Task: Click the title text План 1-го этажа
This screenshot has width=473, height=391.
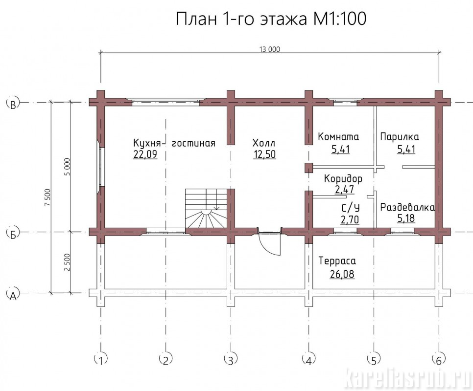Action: click(x=241, y=19)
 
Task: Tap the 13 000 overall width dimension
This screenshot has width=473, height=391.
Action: click(x=269, y=49)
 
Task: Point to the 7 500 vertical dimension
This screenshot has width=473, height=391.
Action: click(x=47, y=197)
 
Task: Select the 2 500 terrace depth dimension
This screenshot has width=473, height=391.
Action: click(x=67, y=262)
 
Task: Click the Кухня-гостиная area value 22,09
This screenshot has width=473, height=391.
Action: click(x=145, y=154)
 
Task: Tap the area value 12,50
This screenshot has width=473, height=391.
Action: click(x=264, y=154)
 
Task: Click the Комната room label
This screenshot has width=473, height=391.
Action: click(x=338, y=137)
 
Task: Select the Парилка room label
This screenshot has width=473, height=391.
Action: click(x=400, y=137)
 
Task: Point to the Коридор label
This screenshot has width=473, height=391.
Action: click(x=343, y=179)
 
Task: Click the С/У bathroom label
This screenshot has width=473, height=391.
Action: click(x=351, y=208)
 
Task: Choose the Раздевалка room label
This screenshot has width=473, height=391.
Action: click(x=407, y=207)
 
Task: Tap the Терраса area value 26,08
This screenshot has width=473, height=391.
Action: click(x=342, y=274)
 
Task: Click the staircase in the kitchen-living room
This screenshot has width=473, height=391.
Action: click(x=206, y=209)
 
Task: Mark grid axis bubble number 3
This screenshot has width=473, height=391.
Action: click(x=231, y=359)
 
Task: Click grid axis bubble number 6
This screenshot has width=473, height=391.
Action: click(x=438, y=359)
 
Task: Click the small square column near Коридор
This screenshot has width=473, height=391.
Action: click(x=308, y=168)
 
